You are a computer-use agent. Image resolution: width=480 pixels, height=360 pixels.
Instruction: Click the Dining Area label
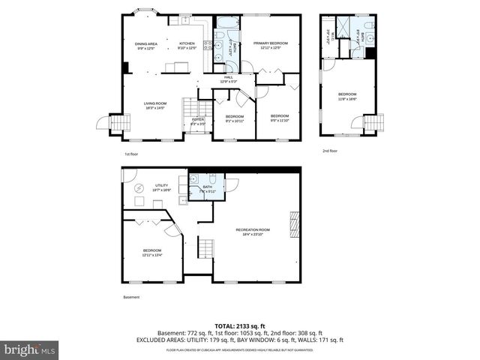coord(146,46)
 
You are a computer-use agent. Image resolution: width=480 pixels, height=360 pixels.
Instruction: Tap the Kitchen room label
coord(187,46)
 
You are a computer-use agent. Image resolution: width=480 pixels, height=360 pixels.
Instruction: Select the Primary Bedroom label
coord(270,46)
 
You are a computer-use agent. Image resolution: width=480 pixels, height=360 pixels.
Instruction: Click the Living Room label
coord(155,105)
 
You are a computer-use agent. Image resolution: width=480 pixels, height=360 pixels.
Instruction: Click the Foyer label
coord(198,121)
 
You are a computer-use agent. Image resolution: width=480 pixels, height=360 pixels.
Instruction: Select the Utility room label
coord(161,187)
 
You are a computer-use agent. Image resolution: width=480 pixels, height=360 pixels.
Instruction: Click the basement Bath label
coord(207,189)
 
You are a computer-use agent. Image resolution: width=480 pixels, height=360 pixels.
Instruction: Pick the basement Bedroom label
coord(151,252)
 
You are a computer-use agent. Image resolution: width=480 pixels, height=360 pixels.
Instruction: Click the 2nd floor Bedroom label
coord(347,96)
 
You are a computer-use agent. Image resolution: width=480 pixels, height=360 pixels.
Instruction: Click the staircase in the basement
coord(205,247)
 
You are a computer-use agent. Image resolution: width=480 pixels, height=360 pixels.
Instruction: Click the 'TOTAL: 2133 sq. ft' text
coord(240,325)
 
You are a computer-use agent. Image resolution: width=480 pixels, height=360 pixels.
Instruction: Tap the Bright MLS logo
coord(29,349)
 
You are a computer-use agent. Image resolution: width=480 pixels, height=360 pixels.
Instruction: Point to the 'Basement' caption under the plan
coord(131,296)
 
